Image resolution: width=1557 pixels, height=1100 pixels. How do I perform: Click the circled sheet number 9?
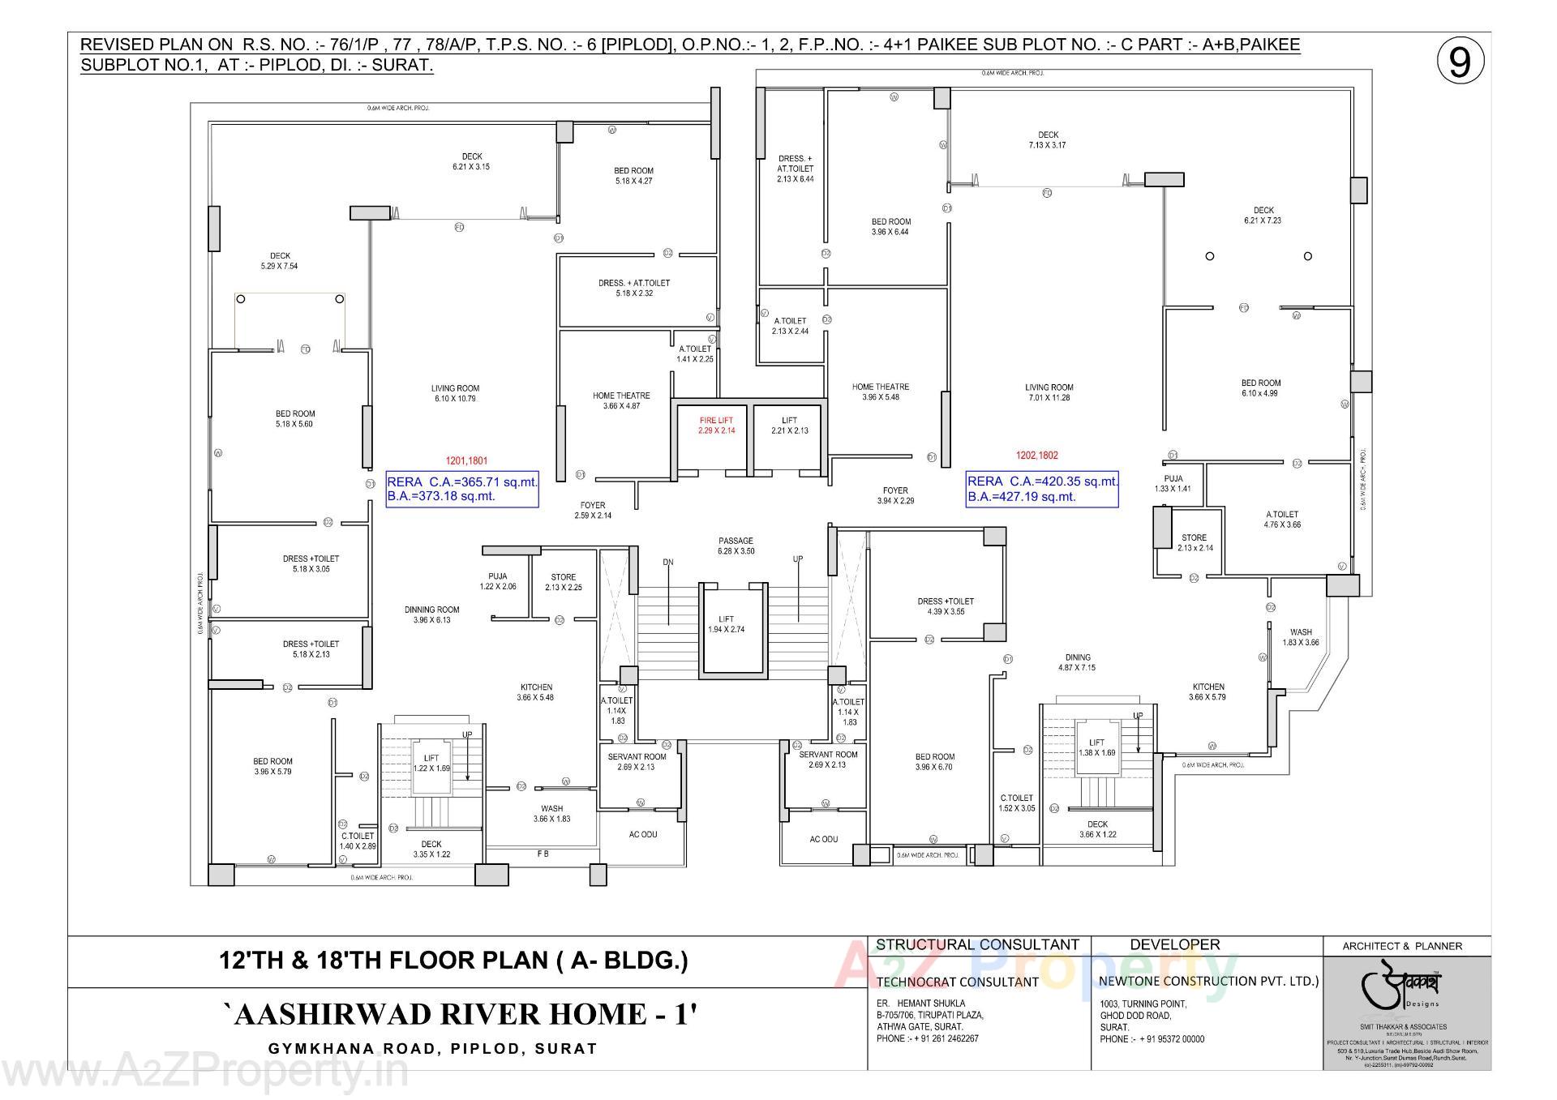(1460, 62)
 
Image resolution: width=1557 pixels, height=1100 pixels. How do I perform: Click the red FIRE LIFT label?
(716, 425)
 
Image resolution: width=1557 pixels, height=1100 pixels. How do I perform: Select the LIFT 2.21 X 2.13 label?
(789, 425)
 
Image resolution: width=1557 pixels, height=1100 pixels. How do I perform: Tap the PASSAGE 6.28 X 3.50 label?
(736, 546)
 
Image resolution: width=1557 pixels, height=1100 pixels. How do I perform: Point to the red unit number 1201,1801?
(466, 460)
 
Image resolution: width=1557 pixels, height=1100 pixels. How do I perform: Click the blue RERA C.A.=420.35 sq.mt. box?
(1042, 489)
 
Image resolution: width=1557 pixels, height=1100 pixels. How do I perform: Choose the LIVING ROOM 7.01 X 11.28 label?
(1049, 392)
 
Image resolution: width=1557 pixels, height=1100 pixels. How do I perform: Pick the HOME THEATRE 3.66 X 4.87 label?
(621, 400)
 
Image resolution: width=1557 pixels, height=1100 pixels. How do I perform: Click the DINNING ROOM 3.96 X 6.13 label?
(431, 614)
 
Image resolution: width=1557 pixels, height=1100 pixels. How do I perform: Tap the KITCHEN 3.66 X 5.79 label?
(1207, 691)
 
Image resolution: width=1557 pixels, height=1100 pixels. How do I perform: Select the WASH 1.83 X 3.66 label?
(1301, 637)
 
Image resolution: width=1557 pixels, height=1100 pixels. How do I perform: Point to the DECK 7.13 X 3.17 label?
(1048, 139)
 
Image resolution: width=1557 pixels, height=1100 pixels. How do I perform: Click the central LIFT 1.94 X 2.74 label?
(726, 623)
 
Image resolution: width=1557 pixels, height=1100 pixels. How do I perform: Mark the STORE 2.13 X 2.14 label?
(1194, 542)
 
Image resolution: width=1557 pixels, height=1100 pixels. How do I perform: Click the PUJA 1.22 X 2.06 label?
(497, 581)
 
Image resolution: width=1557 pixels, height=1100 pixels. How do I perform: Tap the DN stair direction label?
(668, 562)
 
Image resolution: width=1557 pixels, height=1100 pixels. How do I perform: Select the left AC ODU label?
(643, 834)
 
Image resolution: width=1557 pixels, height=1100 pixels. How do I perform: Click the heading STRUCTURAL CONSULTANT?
(977, 944)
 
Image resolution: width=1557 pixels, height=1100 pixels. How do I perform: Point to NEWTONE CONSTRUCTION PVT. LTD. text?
(1208, 981)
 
